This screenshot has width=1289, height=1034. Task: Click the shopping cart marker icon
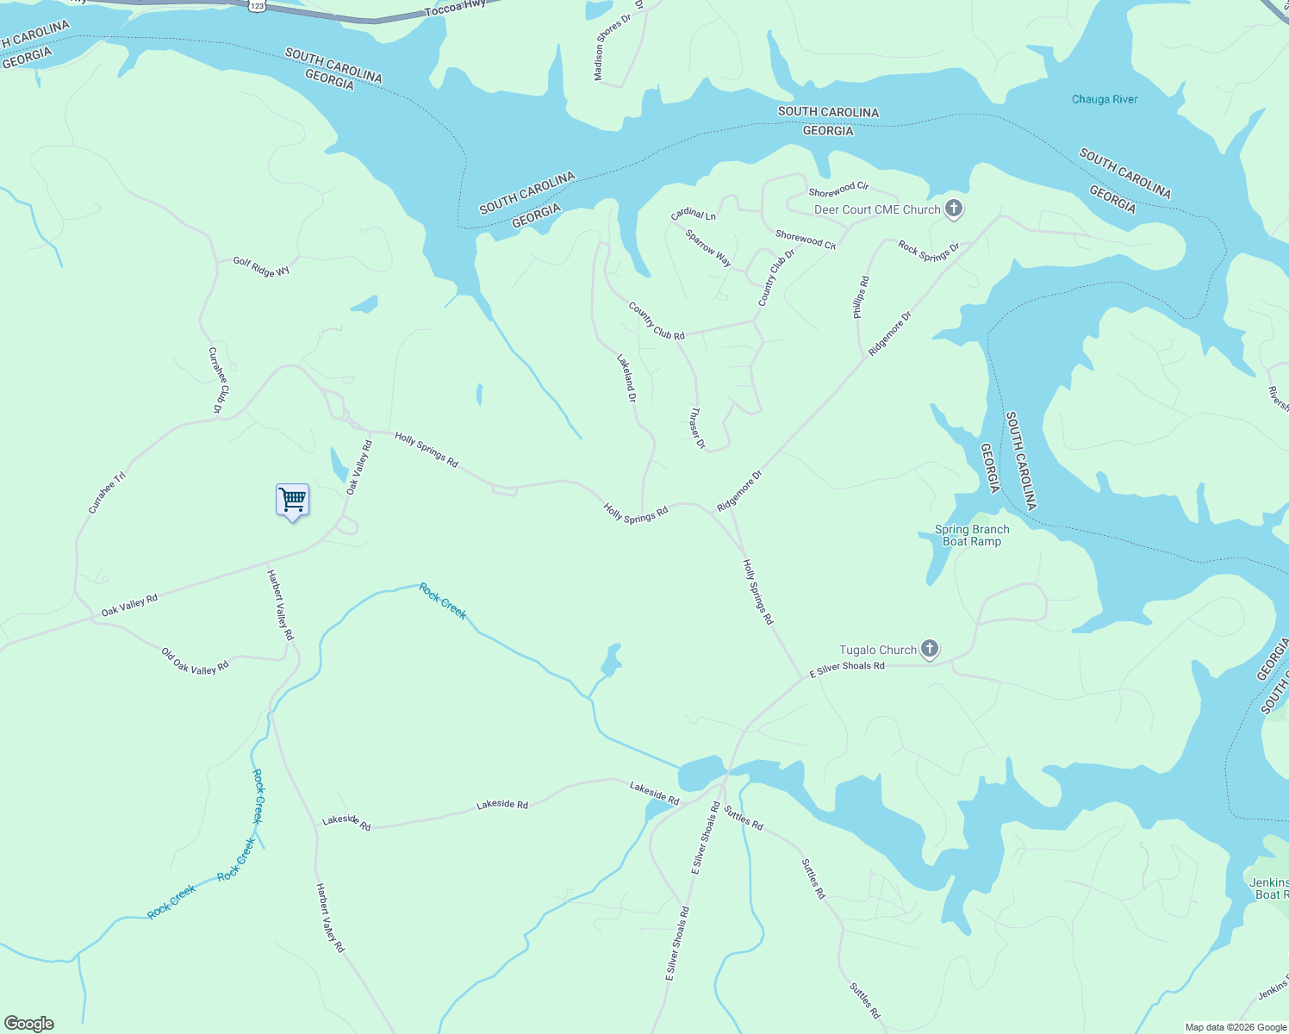292,500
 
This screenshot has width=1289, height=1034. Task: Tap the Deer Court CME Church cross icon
953,208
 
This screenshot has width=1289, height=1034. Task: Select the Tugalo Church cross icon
929,649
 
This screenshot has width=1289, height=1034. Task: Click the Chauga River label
1104,99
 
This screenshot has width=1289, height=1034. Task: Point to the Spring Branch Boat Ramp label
972,536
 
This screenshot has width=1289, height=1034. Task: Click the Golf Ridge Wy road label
261,267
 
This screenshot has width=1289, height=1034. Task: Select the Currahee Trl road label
107,492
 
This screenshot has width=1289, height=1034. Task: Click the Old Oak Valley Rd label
195,662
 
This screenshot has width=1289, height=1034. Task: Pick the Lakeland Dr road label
626,378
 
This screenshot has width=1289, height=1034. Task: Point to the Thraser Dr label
697,428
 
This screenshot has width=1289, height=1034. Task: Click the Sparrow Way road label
708,247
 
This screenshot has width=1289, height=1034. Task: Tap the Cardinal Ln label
694,214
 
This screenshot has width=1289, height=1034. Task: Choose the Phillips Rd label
861,297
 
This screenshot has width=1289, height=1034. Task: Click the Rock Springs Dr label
929,251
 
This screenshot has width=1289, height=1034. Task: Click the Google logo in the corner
28,1024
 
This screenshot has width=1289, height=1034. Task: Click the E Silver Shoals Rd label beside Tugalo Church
847,667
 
